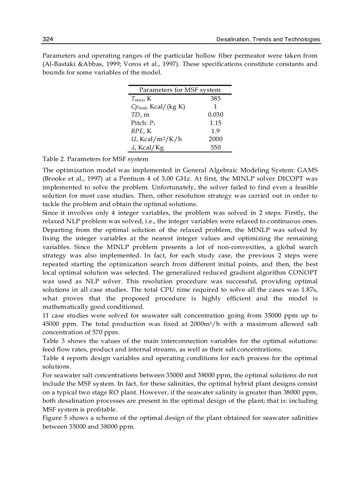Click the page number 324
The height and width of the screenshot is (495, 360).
click(48, 40)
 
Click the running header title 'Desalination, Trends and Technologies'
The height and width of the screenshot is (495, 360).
click(268, 40)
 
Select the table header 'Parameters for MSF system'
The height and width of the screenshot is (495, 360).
click(180, 90)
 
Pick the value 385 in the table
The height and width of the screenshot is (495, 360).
click(215, 99)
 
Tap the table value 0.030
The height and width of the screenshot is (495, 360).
click(215, 115)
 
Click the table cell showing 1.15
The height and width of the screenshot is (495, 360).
click(215, 123)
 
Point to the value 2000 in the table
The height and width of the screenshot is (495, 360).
click(215, 139)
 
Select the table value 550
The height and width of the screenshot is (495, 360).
click(215, 148)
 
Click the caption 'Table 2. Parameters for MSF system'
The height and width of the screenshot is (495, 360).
click(95, 159)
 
